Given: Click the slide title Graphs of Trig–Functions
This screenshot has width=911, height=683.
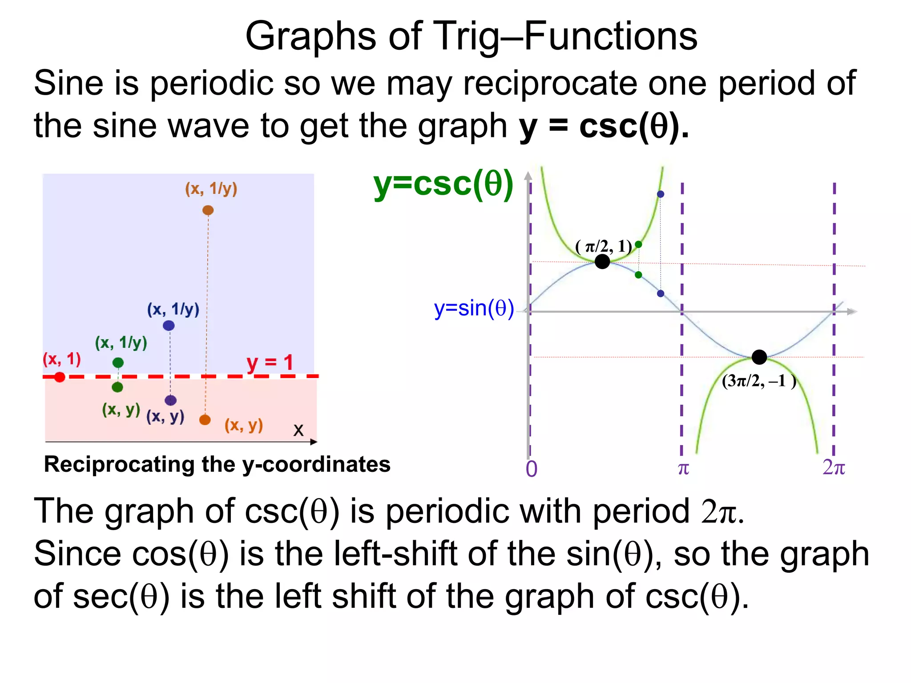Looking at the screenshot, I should click(471, 36).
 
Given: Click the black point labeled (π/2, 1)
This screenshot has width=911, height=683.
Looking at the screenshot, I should click(602, 261).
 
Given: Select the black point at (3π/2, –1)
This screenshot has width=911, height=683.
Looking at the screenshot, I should click(759, 357).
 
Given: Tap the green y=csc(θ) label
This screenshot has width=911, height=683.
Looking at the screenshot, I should click(443, 184).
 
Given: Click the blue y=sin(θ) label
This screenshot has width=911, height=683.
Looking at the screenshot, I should click(474, 308).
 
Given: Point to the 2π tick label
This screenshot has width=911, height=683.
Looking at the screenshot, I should click(833, 467).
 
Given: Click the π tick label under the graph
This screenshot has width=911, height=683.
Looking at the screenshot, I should click(683, 468).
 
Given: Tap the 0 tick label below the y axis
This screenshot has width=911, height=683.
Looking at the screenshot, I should click(532, 469).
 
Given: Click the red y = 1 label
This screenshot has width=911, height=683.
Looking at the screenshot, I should click(270, 362).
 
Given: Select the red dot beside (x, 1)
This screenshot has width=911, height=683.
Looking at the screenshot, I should click(60, 377).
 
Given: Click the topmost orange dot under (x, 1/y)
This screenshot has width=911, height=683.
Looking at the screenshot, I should click(208, 210).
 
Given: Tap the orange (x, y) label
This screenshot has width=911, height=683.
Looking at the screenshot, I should click(244, 425).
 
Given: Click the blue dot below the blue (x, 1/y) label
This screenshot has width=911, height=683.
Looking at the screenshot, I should click(169, 325).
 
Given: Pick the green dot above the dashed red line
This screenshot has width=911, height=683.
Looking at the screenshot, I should click(118, 362).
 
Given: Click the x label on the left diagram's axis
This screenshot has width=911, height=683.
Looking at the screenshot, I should click(298, 430).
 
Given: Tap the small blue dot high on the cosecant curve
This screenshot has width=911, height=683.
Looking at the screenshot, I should click(661, 194).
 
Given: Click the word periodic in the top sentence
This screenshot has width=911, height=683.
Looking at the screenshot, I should click(211, 84).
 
